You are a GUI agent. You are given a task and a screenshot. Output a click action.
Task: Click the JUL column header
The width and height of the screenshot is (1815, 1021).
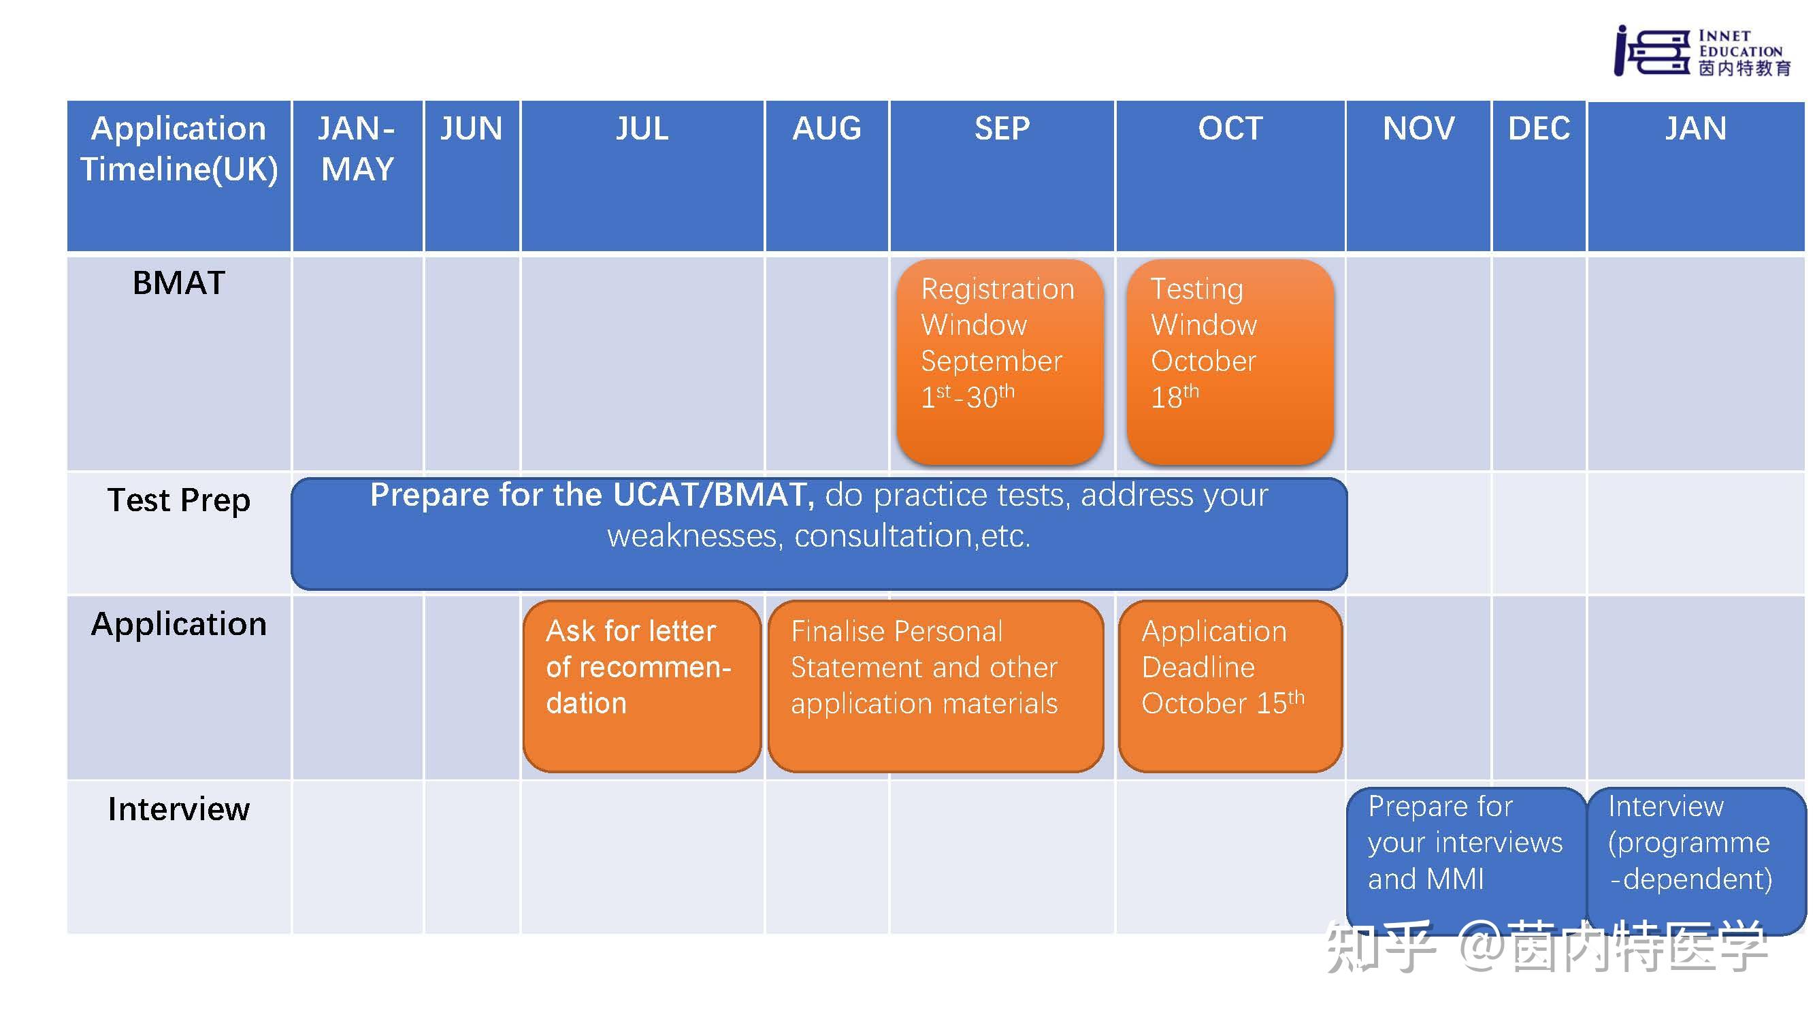642,129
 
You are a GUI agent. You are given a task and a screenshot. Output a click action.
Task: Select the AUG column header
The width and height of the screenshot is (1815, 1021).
826,129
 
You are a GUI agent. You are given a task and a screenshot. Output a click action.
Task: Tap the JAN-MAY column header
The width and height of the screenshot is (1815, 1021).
357,148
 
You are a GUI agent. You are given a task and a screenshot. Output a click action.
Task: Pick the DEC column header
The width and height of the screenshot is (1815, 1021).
1539,129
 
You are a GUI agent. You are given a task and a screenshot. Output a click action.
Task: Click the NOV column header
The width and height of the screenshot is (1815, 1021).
1418,129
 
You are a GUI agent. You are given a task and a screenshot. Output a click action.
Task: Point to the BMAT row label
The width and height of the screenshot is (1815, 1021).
179,283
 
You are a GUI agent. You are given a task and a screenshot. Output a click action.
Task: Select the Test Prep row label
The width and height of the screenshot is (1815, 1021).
179,500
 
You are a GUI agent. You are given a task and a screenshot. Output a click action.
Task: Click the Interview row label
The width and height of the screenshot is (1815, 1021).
179,809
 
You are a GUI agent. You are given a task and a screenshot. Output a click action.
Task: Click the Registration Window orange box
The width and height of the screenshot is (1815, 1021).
1000,362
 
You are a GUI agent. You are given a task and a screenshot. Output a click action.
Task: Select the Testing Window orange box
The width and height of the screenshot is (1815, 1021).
1230,362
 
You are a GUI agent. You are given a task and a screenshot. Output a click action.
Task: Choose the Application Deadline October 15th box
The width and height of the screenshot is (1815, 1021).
1230,686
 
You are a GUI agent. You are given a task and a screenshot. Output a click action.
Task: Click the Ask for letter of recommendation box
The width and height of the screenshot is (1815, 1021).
642,686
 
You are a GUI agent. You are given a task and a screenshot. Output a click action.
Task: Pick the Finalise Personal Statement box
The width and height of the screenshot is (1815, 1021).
936,686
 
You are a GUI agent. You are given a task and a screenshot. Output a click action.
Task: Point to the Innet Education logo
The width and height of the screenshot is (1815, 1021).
1702,51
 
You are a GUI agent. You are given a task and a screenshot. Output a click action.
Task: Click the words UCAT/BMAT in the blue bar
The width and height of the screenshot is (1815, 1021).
714,495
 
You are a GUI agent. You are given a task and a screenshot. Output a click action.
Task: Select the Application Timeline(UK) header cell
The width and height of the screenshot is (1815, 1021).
179,176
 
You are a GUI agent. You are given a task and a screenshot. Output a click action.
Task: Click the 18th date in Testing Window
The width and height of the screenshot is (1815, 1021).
1175,397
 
